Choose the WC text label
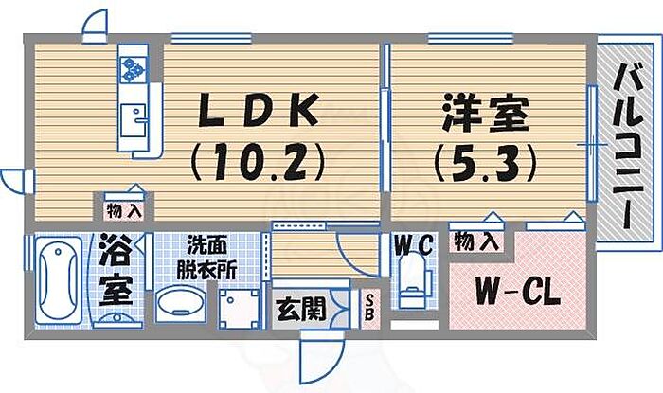click(414, 244)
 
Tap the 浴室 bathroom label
click(113, 270)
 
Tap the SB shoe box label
click(369, 306)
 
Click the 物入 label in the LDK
click(125, 209)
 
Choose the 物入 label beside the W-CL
click(476, 241)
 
